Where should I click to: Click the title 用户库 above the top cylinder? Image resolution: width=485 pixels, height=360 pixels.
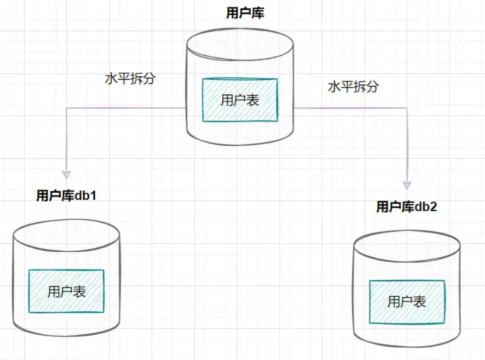tap(245, 13)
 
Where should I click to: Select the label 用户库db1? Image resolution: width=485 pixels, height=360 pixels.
tap(66, 196)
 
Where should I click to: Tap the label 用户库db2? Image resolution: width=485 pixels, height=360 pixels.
tap(407, 207)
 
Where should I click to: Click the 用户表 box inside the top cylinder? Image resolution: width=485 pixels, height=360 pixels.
tap(240, 100)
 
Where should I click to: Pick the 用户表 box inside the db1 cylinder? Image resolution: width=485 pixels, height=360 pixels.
tap(66, 291)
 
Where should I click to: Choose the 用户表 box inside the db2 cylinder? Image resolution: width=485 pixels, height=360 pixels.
tap(407, 302)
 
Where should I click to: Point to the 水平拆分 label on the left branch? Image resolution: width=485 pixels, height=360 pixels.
tap(129, 78)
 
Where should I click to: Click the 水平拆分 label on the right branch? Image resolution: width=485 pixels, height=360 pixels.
tap(353, 87)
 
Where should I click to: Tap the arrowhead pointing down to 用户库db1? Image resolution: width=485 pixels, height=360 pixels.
tap(66, 174)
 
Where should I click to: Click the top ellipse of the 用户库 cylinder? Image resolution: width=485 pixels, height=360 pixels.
tap(240, 45)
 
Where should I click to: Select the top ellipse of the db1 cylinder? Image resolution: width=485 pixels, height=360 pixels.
tap(66, 234)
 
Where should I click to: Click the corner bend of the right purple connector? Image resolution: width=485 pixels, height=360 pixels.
tap(407, 108)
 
